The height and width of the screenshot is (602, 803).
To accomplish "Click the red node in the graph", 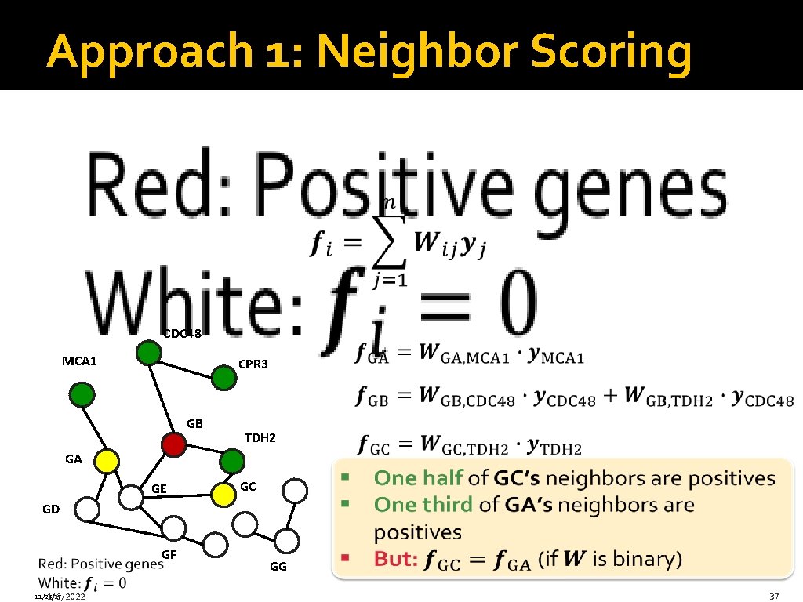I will [174, 444].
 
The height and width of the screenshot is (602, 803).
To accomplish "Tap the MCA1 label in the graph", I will [79, 361].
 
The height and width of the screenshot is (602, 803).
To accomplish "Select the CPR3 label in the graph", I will [253, 364].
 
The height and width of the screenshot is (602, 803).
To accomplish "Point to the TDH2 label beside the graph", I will [260, 437].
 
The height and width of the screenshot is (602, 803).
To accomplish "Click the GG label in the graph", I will [278, 566].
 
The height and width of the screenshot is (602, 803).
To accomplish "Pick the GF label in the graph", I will [168, 555].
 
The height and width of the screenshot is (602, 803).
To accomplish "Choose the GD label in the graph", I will [51, 509].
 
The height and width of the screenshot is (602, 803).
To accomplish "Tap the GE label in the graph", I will [158, 489].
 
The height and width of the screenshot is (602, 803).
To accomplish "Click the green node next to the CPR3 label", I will [224, 379].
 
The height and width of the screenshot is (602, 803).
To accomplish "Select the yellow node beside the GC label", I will [225, 492].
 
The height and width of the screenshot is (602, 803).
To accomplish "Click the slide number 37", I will [774, 597].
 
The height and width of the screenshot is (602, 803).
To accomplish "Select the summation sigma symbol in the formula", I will [388, 241].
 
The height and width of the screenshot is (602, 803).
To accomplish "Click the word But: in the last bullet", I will [396, 560].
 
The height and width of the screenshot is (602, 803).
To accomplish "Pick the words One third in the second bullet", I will [423, 504].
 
